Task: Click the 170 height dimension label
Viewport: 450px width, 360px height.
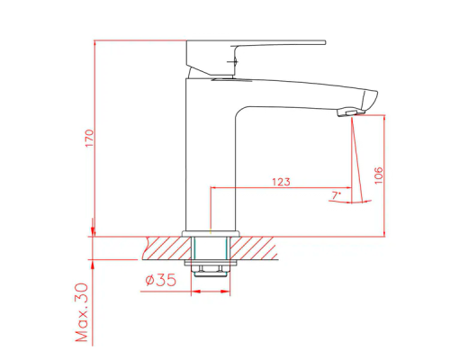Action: pos(89,139)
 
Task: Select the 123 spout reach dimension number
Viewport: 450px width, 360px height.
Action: pos(281,182)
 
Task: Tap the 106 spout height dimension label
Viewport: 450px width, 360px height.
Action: pos(379,175)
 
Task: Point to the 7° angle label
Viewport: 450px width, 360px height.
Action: pos(337,195)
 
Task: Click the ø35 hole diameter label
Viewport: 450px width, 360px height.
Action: pos(161,280)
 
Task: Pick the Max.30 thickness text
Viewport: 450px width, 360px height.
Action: pos(82,312)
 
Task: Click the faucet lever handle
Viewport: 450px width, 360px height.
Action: pos(256,58)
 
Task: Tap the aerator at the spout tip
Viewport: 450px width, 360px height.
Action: pos(347,112)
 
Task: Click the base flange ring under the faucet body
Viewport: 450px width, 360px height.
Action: pos(211,234)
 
